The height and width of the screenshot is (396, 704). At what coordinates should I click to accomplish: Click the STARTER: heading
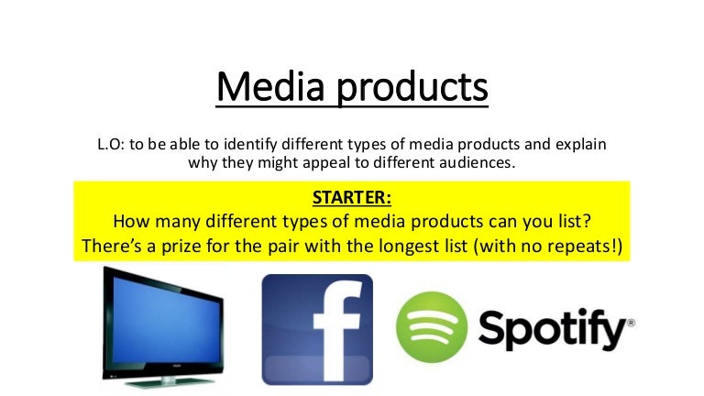coord(351,198)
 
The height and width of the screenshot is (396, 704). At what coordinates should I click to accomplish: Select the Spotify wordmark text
coord(550,328)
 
